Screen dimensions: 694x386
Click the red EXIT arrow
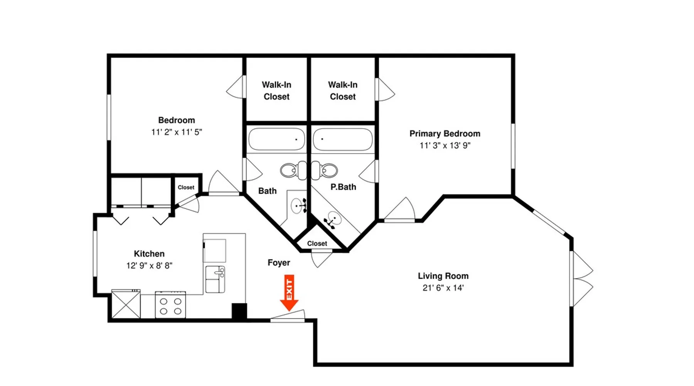coord(289,293)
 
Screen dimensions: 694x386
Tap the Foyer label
coord(279,262)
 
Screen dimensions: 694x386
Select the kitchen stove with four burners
coord(170,305)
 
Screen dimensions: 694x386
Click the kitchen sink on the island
coord(215,279)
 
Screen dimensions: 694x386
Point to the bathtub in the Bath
coord(276,139)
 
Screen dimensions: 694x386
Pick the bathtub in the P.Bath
coord(343,139)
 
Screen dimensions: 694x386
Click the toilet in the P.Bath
coord(324,170)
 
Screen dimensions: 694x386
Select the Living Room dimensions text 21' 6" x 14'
coord(443,288)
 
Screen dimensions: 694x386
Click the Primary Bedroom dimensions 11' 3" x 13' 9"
coord(445,146)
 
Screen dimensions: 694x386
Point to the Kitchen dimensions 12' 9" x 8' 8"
coord(149,266)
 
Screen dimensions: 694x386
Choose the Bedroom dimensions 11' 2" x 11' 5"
coord(177,132)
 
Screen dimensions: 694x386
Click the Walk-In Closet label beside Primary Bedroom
coord(343,91)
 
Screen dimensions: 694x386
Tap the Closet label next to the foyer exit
coord(317,244)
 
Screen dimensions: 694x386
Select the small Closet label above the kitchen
coord(186,187)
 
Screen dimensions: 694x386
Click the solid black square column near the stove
coord(239,311)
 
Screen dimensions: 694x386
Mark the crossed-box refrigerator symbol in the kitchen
coord(126,304)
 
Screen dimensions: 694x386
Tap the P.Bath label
coord(343,187)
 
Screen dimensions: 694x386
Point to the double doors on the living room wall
coord(581,279)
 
